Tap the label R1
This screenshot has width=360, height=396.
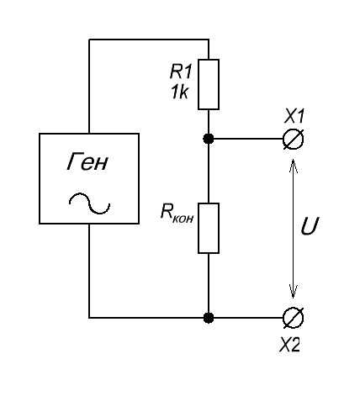[181, 71]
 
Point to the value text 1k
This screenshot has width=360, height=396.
[179, 92]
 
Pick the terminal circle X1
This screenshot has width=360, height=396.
[293, 139]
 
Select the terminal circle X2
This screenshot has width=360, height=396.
[293, 318]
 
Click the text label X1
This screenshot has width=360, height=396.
[294, 116]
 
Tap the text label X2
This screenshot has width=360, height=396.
[290, 345]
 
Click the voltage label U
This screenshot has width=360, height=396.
[310, 226]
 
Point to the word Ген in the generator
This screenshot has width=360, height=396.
[87, 162]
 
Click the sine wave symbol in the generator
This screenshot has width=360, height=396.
[89, 203]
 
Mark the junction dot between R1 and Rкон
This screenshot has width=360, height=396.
[209, 139]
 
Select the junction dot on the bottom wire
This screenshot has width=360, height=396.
[209, 318]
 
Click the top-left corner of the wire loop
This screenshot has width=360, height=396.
[89, 40]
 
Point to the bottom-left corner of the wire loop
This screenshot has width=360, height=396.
[89, 318]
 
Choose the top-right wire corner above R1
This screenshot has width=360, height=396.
[209, 40]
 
